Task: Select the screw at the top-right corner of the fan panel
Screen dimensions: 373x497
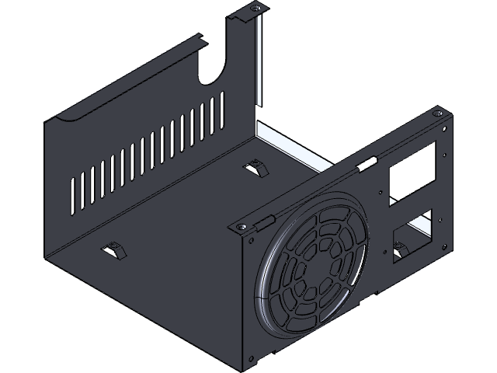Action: [x=440, y=114]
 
